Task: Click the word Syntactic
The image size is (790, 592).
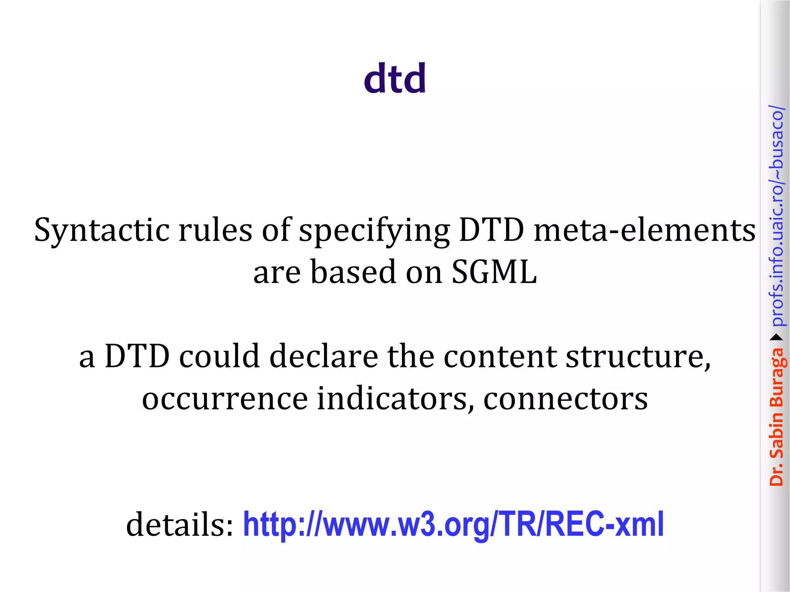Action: point(101,230)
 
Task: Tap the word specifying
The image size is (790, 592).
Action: point(374,230)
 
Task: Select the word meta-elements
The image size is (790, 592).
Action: point(644,230)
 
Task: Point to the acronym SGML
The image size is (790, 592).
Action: point(494,272)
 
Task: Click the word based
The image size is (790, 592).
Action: point(353,272)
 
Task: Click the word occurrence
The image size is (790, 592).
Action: point(225,399)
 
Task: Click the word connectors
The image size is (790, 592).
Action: point(565,399)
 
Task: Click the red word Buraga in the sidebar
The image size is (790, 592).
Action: point(776,378)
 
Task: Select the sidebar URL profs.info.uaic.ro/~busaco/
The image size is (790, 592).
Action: point(776,216)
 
